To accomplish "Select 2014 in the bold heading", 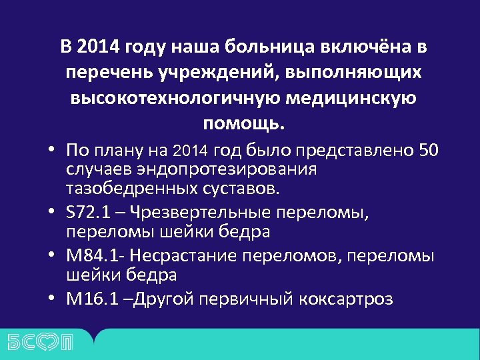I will [x=97, y=47].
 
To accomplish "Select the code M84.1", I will [x=95, y=256].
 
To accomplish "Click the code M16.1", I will [x=95, y=299].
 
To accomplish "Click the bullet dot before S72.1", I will [x=51, y=213].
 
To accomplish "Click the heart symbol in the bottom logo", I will [x=51, y=342].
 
